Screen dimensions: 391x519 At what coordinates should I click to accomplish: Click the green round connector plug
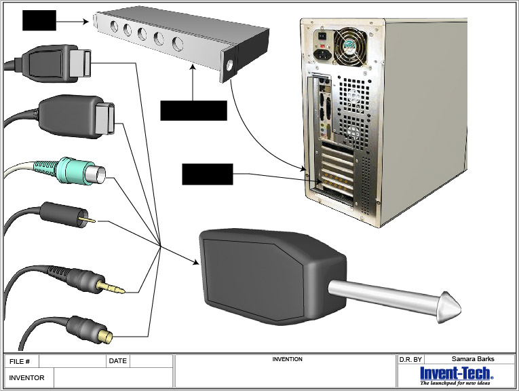click(76, 172)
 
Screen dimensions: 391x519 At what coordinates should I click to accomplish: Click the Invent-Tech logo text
click(456, 373)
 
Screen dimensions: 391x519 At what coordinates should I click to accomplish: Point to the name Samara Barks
click(473, 359)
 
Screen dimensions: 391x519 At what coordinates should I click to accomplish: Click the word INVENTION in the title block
click(287, 359)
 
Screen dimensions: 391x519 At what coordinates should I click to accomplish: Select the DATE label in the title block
click(117, 361)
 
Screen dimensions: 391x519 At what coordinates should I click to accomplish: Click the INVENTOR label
click(26, 377)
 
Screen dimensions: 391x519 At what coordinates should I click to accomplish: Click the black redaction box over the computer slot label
click(207, 174)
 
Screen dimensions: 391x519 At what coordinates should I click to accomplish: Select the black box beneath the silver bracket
click(193, 110)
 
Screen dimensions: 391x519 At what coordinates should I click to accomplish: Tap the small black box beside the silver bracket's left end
click(39, 20)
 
